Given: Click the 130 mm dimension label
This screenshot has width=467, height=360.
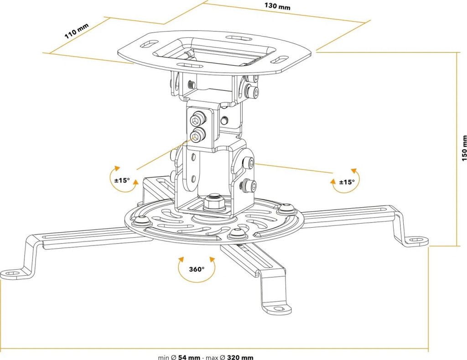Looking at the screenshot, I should pos(277,7).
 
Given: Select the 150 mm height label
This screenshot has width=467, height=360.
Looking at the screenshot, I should pos(464,147).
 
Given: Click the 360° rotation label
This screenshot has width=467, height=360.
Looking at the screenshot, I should pos(197,269).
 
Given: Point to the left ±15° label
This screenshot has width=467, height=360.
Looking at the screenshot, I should pos(122,180).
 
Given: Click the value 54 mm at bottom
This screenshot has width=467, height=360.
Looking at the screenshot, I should pos(189,357).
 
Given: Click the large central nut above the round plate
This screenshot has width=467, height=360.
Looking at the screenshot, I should pos(213,202).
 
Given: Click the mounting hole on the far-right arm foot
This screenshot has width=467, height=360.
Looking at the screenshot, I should pos(417,239).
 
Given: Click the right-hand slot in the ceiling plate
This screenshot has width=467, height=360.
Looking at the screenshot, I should pos(280,60).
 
